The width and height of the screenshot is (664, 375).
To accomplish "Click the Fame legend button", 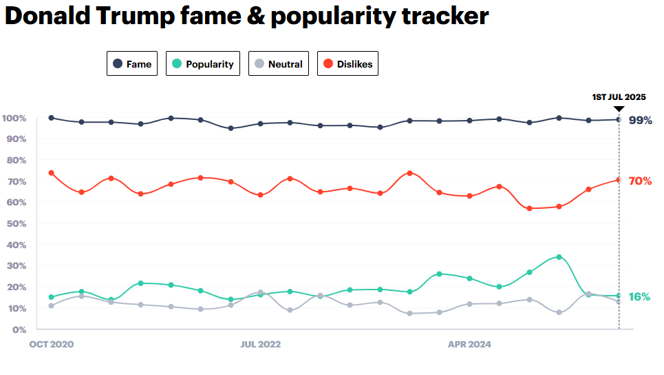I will click(x=132, y=64).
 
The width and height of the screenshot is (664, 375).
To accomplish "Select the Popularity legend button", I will click(x=203, y=64).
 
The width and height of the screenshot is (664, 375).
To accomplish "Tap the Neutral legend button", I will click(x=278, y=64).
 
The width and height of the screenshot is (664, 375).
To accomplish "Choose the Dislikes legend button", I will click(x=347, y=64).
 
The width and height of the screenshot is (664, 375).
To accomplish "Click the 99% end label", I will click(x=641, y=120).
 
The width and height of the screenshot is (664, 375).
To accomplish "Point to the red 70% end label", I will click(x=641, y=181).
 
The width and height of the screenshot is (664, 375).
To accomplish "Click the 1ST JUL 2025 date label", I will click(x=619, y=97).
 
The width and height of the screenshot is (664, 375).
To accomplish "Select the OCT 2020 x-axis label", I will click(x=51, y=343).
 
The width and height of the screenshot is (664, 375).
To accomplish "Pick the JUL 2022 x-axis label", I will click(x=260, y=343).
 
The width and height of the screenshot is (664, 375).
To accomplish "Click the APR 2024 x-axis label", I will click(x=469, y=343).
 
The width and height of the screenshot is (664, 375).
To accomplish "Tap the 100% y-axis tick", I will click(x=14, y=118).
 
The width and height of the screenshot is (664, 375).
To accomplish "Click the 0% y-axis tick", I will click(x=19, y=329).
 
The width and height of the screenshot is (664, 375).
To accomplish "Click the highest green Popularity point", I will click(x=559, y=256).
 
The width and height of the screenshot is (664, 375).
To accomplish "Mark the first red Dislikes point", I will click(x=52, y=173).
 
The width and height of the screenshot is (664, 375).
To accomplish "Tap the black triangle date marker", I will click(x=619, y=108).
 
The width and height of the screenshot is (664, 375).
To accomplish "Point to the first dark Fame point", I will click(x=52, y=118).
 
